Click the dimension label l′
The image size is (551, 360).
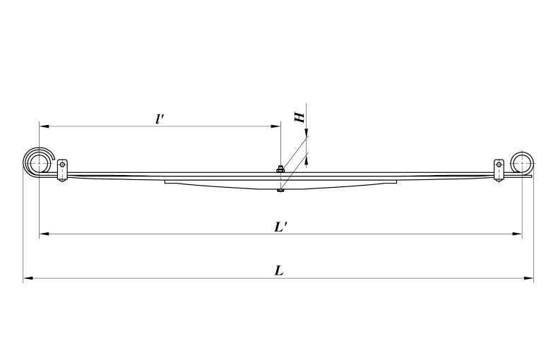(x=160, y=118)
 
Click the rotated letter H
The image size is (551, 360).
(x=300, y=116)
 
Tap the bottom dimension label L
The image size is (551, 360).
(x=279, y=270)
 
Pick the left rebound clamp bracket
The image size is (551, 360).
(x=62, y=170)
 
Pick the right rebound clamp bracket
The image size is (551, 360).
(x=499, y=170)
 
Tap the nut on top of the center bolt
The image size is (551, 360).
(x=280, y=168)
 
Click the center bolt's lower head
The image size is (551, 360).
(x=280, y=188)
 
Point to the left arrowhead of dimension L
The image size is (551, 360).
(x=27, y=279)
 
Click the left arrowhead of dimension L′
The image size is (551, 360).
(x=42, y=234)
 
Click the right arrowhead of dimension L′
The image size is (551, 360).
(x=519, y=234)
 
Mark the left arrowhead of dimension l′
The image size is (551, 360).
(x=42, y=126)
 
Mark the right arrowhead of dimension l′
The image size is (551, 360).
(x=277, y=126)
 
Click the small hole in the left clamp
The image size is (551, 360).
(x=62, y=165)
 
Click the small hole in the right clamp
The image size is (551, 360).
(x=499, y=165)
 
